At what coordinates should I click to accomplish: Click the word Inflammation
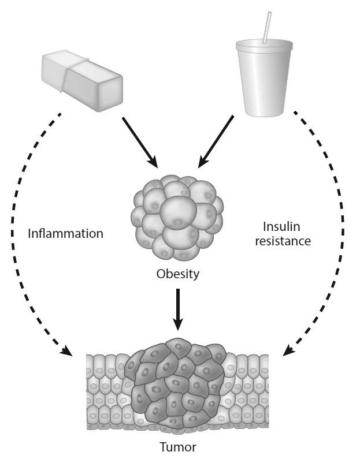click(65, 234)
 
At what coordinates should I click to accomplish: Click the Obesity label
click(177, 274)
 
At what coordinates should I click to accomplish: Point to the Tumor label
click(177, 446)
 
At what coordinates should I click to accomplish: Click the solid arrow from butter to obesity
click(139, 141)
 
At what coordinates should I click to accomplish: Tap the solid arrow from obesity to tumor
click(177, 309)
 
